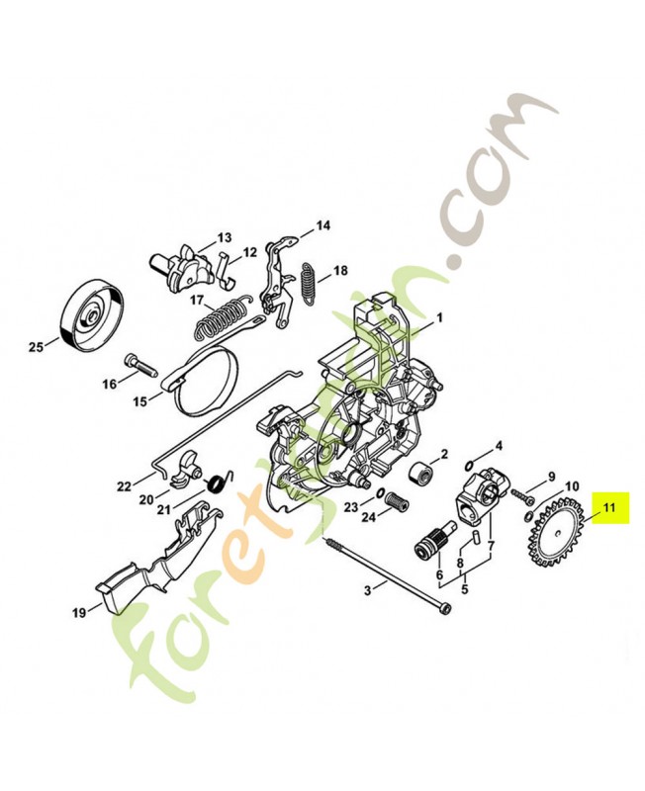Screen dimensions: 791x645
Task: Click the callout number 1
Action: [x=439, y=318]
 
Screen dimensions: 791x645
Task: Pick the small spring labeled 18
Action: [x=310, y=279]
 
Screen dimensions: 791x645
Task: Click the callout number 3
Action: [x=367, y=590]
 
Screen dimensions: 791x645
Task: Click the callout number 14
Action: [x=322, y=226]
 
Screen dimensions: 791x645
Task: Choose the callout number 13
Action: [x=225, y=237]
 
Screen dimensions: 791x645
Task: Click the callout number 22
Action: [x=123, y=485]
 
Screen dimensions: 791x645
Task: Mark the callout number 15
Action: [x=140, y=401]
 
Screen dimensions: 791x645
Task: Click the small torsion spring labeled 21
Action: [x=219, y=484]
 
